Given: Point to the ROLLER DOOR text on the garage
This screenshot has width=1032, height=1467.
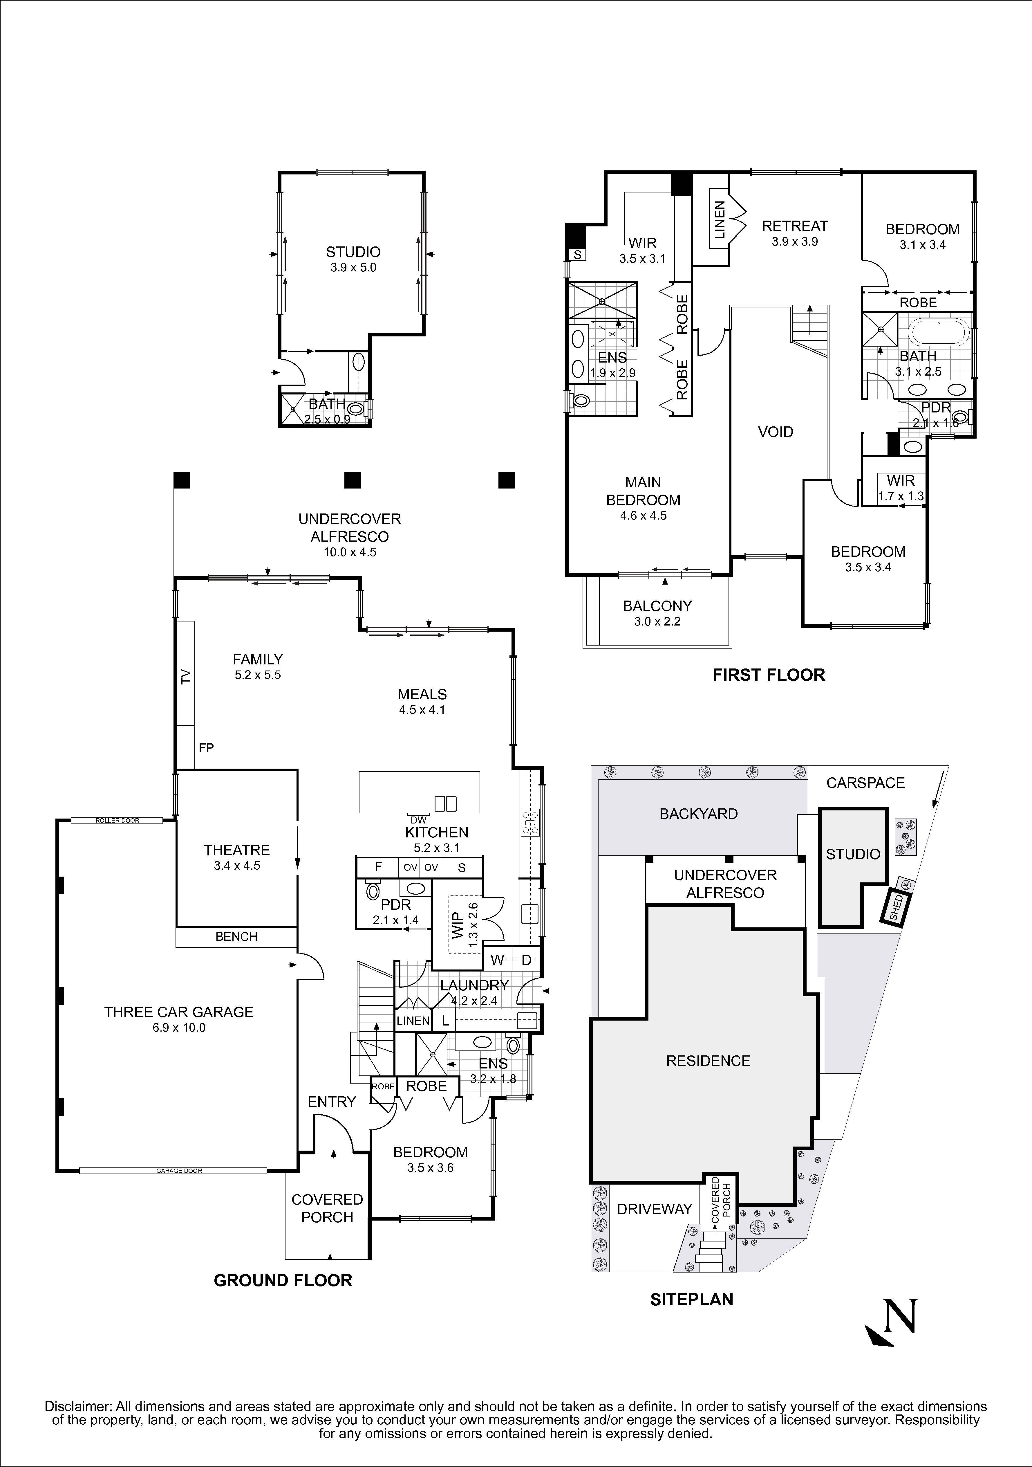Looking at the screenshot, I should click(118, 820).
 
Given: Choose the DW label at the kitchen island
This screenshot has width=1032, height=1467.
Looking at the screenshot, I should click(418, 820).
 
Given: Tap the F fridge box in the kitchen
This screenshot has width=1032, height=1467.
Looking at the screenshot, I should click(378, 867).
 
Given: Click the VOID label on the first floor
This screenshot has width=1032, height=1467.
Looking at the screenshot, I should click(775, 432).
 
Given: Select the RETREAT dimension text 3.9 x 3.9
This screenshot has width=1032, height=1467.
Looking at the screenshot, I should click(794, 242).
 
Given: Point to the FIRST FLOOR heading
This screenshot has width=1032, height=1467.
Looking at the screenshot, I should click(769, 675).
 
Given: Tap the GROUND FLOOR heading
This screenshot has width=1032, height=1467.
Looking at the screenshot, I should click(283, 1280).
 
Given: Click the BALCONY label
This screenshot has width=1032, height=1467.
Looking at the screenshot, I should click(657, 606).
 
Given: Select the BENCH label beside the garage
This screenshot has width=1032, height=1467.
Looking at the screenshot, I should click(236, 937).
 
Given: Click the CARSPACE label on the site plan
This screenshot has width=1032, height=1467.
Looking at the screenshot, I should click(865, 783).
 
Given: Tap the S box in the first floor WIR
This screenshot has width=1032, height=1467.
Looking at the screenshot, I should click(577, 254).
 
